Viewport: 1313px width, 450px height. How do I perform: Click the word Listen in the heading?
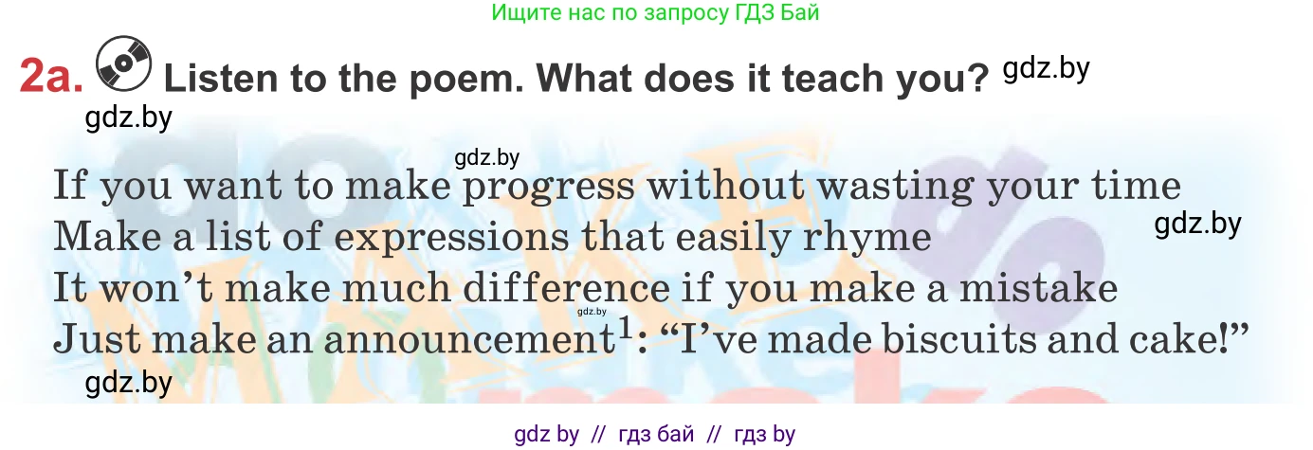(x=221, y=79)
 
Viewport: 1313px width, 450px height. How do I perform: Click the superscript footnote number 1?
(x=624, y=325)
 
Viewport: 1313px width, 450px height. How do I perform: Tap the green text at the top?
(x=655, y=12)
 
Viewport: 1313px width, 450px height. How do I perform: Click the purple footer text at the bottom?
(x=655, y=435)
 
